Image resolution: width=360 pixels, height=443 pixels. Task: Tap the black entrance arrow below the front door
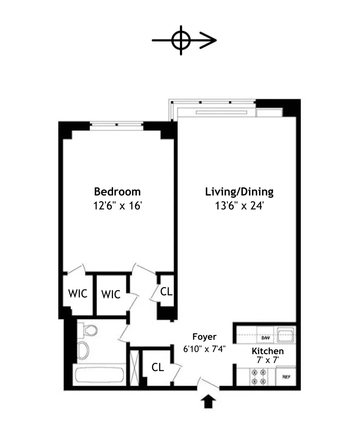coord(208,402)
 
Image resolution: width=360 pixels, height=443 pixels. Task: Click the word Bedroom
coord(117,192)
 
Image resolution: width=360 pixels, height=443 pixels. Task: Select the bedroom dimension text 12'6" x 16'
coord(117,206)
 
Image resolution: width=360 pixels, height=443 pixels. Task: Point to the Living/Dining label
coord(239,192)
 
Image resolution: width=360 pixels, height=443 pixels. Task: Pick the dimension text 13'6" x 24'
coord(239,206)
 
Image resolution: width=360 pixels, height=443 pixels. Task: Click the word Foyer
coord(204,337)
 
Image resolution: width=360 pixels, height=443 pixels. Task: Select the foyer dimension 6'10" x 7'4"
coord(204,349)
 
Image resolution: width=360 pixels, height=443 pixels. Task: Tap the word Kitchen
coord(268,351)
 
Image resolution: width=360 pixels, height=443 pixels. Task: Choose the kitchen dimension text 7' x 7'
coord(268,360)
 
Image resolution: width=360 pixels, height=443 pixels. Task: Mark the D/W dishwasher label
coord(265,338)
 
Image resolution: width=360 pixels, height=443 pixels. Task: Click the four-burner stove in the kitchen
coord(258,377)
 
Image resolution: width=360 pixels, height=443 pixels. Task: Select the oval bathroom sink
coord(83,351)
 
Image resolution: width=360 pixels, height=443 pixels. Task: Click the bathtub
coord(99,375)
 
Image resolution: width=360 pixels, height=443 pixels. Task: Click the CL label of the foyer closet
coord(158,367)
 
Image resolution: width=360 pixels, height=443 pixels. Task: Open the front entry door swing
coord(208,384)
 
